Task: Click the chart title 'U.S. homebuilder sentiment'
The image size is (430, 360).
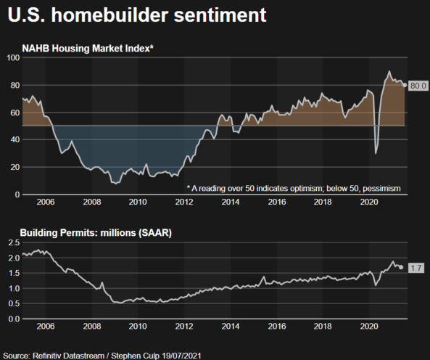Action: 132,15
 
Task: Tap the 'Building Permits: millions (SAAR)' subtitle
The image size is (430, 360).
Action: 97,233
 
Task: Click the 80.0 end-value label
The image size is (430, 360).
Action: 417,86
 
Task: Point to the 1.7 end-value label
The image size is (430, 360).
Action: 416,268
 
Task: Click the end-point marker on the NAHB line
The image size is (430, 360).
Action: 404,85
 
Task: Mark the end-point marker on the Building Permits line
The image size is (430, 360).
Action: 401,267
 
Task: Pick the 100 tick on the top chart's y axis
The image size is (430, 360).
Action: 12,57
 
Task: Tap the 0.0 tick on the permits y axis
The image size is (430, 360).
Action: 13,319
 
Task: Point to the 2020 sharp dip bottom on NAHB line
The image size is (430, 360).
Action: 375,153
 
